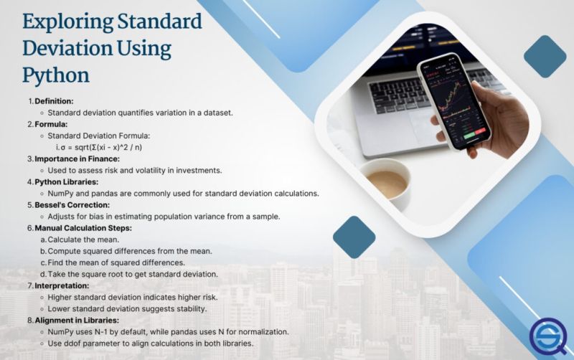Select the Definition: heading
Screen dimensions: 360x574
54,100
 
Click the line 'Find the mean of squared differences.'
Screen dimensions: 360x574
118,262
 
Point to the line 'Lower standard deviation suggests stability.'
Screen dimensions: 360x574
127,308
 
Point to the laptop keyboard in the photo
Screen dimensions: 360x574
402,108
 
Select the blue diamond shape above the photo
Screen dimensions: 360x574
545,56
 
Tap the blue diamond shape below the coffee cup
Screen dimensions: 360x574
354,237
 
